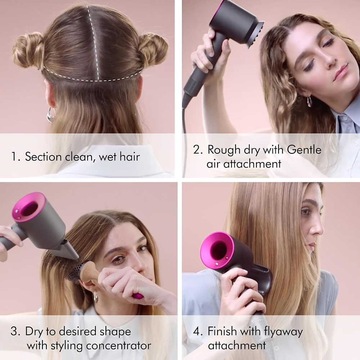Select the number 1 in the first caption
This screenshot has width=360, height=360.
tap(14, 157)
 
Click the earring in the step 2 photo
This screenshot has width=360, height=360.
tap(309, 102)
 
